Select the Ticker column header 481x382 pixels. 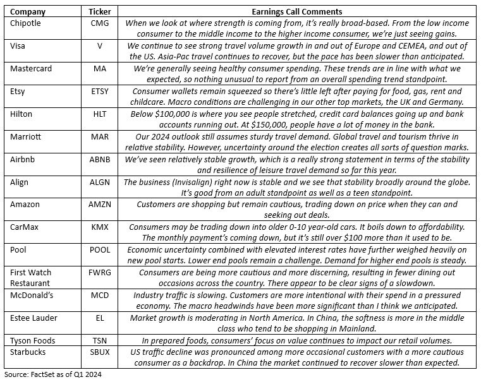click(x=99, y=11)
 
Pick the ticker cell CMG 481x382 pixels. click(x=99, y=23)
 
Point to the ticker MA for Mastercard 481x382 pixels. click(x=99, y=68)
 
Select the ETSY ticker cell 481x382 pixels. click(x=99, y=91)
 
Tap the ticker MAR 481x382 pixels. click(x=99, y=136)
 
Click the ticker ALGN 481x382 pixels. click(x=99, y=182)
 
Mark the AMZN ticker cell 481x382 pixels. click(x=99, y=205)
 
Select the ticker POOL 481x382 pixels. click(x=99, y=250)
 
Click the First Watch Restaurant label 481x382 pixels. click(x=32, y=277)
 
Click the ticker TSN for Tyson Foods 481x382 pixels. click(x=99, y=340)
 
